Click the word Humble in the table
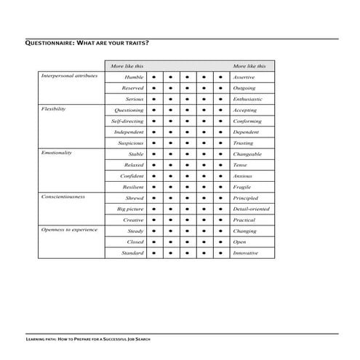tap(134, 76)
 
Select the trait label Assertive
tap(243, 76)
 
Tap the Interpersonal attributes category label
tap(69, 75)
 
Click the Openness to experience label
tap(68, 229)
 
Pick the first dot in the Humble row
tap(153, 76)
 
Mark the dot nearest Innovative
tap(221, 253)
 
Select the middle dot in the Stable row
tap(187, 154)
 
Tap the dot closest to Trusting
tap(221, 143)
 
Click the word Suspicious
tap(131, 143)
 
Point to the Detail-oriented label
tap(252, 209)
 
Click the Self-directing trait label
tap(127, 121)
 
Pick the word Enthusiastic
tap(247, 98)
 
